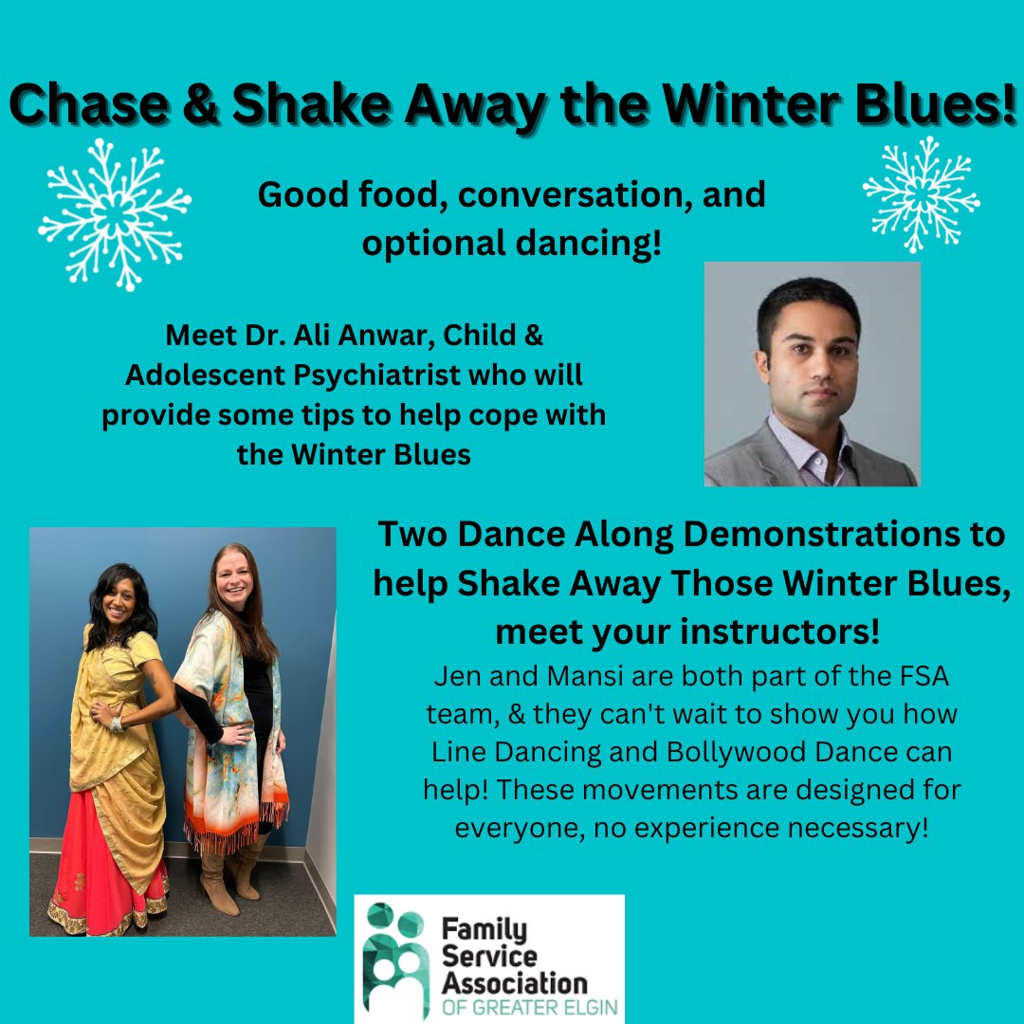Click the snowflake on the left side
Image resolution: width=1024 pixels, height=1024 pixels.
point(115,214)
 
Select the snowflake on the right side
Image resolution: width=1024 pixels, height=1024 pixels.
point(921,194)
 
